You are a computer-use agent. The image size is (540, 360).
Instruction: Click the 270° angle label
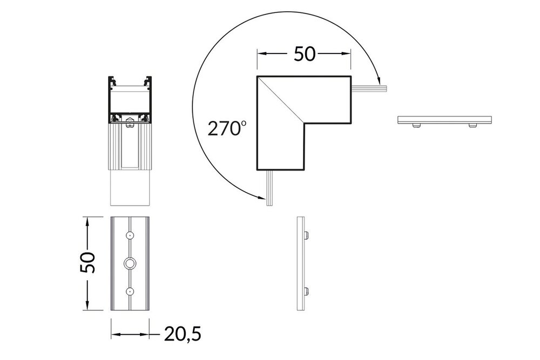point(227,128)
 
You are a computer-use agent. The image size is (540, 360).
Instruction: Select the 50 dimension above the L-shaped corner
point(304,54)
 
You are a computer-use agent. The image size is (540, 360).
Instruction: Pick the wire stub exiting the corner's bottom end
point(270,186)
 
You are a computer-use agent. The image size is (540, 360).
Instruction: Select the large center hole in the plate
point(130,263)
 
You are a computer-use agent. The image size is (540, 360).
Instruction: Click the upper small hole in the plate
point(130,235)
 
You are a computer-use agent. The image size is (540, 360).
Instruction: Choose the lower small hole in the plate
point(130,291)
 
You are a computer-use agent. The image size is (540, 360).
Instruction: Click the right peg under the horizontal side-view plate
point(473,125)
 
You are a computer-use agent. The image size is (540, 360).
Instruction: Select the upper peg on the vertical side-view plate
point(307,235)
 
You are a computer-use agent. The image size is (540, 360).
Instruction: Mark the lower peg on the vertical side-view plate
point(307,291)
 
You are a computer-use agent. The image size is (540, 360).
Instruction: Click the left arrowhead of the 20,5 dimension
point(114,335)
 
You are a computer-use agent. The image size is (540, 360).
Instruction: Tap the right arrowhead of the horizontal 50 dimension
point(348,54)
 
